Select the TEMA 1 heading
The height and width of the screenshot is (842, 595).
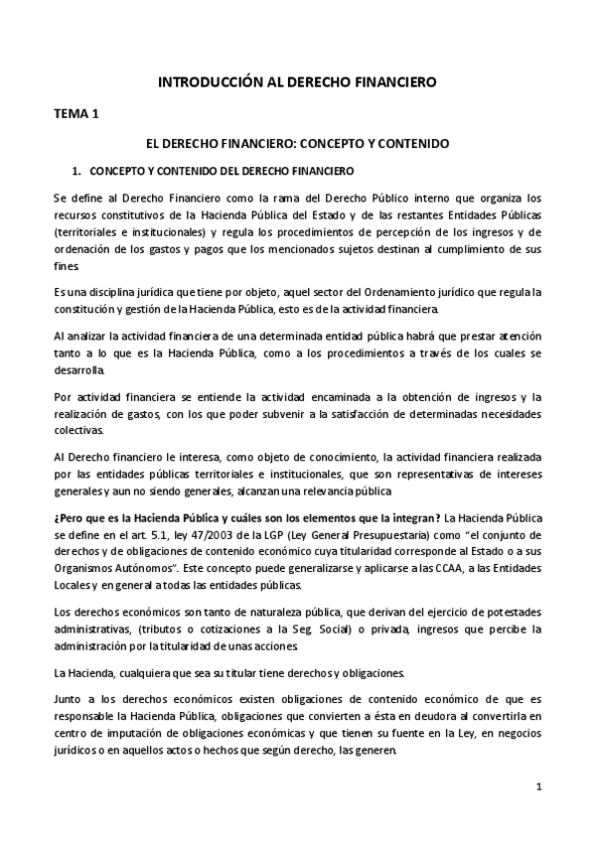(75, 114)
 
